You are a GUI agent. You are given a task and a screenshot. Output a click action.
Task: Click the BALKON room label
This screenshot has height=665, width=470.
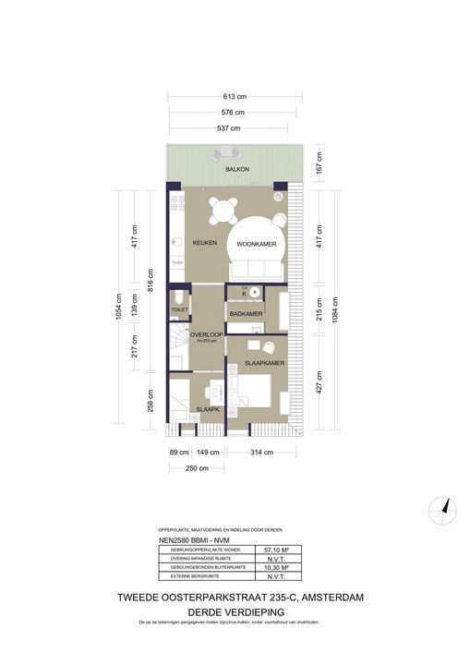click(235, 171)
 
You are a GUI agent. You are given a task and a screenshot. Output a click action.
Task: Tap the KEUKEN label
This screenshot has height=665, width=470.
click(204, 243)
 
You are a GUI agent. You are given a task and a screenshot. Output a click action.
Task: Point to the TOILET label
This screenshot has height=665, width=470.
click(179, 310)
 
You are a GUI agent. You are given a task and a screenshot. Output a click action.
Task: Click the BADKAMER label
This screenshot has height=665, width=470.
click(247, 315)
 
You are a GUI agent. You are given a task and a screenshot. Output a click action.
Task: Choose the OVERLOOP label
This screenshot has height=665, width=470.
click(207, 334)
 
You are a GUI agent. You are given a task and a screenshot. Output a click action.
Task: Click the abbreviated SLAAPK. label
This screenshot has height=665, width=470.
click(207, 409)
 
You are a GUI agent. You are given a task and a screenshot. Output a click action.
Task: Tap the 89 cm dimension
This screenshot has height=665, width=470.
click(179, 453)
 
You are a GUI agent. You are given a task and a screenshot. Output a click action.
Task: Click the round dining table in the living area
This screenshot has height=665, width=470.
click(222, 213)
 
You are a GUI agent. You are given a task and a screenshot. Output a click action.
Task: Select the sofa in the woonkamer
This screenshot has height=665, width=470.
click(255, 270)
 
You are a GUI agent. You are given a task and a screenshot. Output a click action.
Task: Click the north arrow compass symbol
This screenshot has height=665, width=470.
click(443, 506)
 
